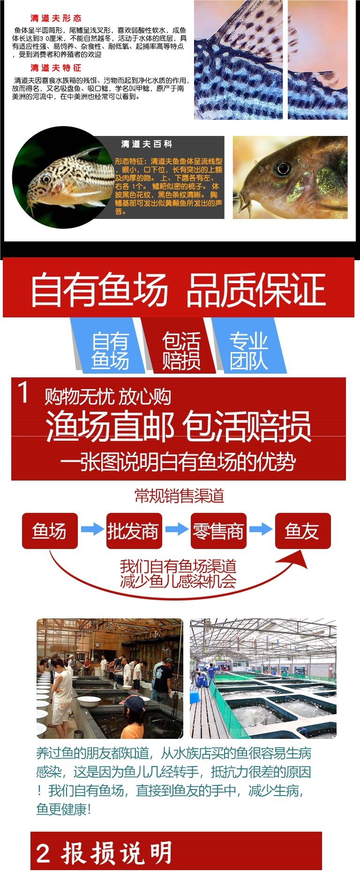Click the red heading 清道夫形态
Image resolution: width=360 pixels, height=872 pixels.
56,18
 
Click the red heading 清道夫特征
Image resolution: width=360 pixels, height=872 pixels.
56,68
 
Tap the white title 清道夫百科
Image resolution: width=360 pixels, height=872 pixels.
147,144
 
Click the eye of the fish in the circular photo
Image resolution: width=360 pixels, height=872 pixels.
45,179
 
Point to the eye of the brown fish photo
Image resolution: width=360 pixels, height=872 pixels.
283,168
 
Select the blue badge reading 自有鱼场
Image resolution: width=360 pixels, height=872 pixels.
110,351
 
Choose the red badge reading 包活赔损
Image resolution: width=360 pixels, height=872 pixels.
181,351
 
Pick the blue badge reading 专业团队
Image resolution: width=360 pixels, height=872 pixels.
248,351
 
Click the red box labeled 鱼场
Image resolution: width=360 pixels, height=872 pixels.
49,531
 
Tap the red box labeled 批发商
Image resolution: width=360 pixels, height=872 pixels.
134,531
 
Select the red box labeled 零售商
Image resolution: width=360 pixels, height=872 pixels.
218,531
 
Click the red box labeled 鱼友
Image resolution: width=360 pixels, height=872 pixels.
302,531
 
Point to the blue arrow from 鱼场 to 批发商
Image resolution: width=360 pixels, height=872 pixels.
92,529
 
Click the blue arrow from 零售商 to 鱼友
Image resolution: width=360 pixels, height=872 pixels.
261,529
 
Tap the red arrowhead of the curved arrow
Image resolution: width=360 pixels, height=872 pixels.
295,560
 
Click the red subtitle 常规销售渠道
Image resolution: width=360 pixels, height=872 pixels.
179,496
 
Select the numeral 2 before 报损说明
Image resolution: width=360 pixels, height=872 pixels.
43,853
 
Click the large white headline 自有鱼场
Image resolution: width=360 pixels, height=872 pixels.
99,290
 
